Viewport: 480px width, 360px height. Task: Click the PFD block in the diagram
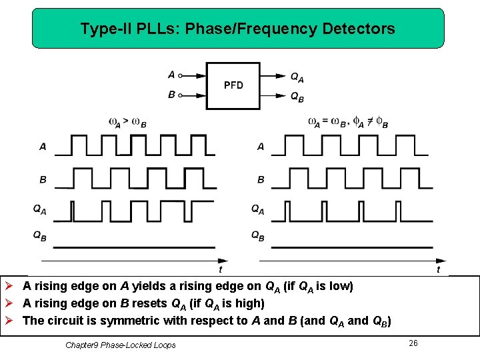(233, 85)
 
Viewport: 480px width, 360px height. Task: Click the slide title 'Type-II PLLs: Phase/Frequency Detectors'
(237, 29)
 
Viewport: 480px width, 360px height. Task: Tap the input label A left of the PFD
(172, 75)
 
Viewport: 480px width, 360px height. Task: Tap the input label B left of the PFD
(172, 95)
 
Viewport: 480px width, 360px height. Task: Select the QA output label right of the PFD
(297, 77)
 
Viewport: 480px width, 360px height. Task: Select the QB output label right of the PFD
(297, 97)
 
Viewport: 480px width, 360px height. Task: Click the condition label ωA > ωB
(127, 123)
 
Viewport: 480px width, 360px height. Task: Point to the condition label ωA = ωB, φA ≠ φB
(347, 123)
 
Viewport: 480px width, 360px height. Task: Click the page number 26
(413, 343)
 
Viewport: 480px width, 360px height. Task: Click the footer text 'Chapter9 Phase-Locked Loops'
(121, 345)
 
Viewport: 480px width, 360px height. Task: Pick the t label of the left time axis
(221, 269)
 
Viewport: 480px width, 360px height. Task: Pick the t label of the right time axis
(438, 269)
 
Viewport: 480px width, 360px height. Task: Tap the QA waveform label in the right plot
(257, 210)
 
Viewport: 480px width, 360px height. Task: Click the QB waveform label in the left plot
(40, 235)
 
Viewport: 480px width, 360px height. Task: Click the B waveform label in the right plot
(261, 179)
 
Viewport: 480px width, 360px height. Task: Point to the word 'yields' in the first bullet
(149, 287)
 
